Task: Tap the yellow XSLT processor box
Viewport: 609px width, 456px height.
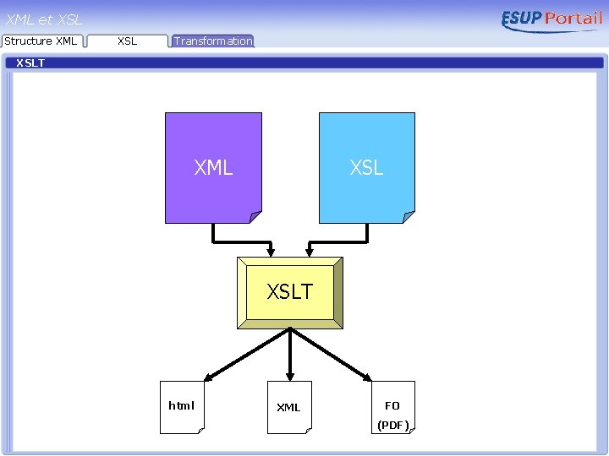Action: (x=290, y=292)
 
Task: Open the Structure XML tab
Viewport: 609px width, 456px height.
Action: (x=41, y=41)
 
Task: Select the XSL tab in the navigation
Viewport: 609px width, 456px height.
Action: (x=127, y=41)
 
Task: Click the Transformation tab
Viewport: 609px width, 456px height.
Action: (x=213, y=41)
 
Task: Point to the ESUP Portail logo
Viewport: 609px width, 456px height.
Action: (x=551, y=20)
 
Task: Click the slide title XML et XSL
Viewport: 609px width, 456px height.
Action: (x=44, y=19)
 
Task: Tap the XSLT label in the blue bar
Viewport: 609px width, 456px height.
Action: (x=30, y=63)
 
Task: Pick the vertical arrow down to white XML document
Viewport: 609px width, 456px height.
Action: (x=290, y=355)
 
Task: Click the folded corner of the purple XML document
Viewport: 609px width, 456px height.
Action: (x=255, y=216)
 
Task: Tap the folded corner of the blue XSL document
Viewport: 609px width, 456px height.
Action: (x=409, y=216)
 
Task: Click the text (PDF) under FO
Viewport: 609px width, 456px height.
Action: (x=392, y=425)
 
